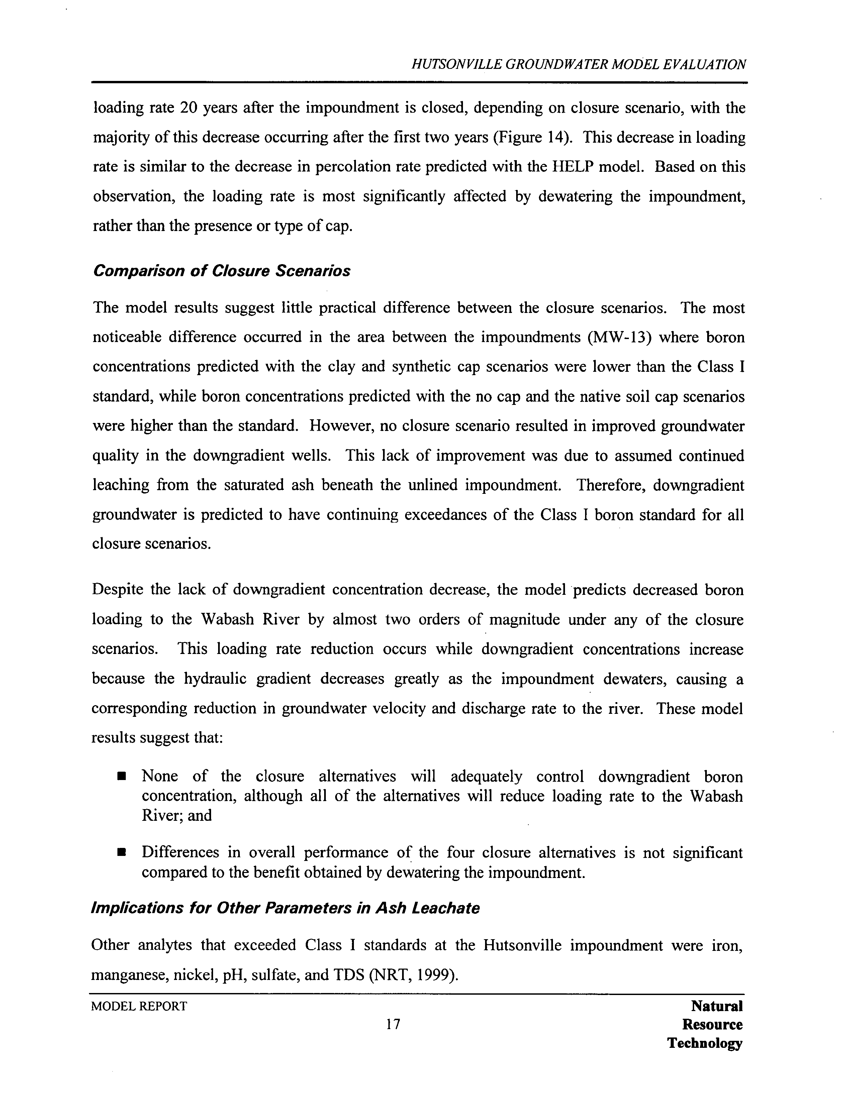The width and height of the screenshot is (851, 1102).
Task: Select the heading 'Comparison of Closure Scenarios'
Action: click(221, 271)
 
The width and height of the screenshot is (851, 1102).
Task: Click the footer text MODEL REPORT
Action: click(139, 1006)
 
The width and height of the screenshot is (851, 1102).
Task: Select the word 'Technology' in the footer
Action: click(704, 1042)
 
